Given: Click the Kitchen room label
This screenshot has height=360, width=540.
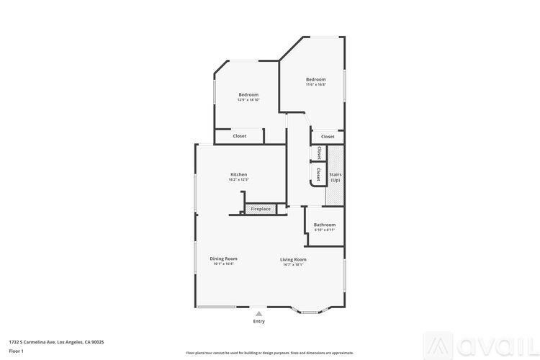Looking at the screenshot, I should click(238, 174).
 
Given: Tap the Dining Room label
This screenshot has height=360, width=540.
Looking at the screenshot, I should click(223, 258).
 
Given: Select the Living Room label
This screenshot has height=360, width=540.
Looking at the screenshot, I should click(293, 259).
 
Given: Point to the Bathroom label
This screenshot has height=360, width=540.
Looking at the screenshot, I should click(324, 225).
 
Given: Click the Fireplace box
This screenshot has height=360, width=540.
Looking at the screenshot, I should click(261, 209).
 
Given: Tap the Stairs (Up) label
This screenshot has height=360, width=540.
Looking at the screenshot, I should click(335, 176).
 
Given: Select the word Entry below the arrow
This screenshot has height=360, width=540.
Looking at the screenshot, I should click(258, 321).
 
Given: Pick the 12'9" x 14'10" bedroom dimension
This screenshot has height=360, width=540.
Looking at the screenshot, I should click(248, 99).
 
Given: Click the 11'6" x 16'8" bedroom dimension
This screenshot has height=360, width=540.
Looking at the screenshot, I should click(315, 84).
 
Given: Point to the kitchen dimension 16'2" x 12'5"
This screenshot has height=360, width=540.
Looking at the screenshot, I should click(238, 179).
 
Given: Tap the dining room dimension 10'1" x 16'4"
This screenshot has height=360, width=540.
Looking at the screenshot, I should click(223, 264).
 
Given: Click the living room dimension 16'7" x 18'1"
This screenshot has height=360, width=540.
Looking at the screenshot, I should click(293, 264).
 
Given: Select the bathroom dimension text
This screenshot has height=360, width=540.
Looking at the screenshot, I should click(324, 230).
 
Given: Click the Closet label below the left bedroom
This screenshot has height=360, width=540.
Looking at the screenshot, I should click(239, 136).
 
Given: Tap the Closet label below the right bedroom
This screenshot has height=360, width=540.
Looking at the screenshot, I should click(328, 136).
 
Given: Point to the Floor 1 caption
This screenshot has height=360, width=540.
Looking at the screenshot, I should click(16, 351).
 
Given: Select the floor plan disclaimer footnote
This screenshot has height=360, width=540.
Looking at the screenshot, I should click(269, 353).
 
